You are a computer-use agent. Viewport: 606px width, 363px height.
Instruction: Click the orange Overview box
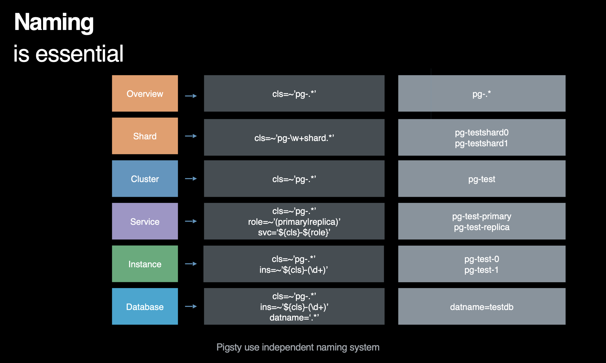(x=145, y=93)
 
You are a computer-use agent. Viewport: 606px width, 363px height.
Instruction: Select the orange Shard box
(x=145, y=136)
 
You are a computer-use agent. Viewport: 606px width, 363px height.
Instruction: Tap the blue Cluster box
(x=145, y=178)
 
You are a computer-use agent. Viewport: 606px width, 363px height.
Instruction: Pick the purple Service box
(x=145, y=221)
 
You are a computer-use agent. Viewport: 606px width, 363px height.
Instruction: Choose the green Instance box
(x=145, y=264)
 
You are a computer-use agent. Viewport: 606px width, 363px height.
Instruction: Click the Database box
(x=145, y=306)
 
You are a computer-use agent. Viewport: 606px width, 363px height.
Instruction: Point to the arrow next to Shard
(x=191, y=136)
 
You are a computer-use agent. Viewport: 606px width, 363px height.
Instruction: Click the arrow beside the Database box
(x=191, y=306)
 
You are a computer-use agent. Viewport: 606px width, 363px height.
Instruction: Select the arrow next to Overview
(x=191, y=96)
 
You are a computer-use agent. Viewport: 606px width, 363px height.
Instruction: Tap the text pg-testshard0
(x=482, y=132)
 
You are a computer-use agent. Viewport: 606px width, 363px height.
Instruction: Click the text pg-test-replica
(x=482, y=227)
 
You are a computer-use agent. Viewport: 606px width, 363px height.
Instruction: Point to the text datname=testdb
(x=482, y=307)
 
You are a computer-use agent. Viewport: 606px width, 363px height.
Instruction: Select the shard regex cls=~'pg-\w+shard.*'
(x=294, y=138)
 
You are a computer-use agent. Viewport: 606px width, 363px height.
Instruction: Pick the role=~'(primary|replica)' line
(x=294, y=222)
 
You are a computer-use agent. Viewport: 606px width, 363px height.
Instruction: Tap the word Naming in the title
(x=54, y=22)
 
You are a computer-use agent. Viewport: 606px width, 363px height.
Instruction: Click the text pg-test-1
(x=482, y=270)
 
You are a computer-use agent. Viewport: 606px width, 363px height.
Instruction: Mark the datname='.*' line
(x=294, y=317)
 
